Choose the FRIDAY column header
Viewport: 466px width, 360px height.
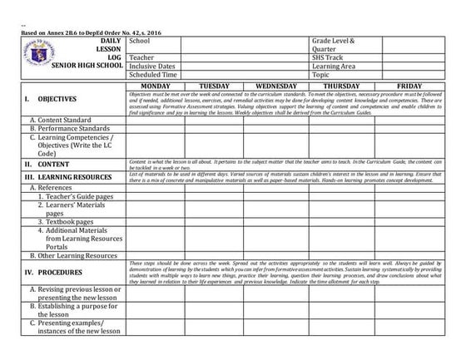[409, 86]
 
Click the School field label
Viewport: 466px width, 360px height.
[140, 41]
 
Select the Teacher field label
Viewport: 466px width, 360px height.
[142, 57]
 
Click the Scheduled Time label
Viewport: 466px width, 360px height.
[154, 75]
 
